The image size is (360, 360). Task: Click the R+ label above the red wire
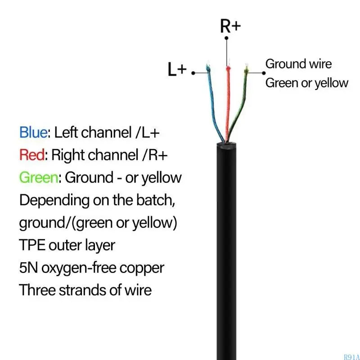(x=230, y=26)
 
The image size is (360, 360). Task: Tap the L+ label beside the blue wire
(x=177, y=69)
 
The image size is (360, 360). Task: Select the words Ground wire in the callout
(x=298, y=63)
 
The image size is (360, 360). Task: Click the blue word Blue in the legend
(x=33, y=132)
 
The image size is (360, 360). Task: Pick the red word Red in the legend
(x=32, y=155)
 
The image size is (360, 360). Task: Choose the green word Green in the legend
(x=39, y=177)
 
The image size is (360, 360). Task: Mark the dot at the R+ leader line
(x=226, y=38)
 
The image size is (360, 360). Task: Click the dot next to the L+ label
(x=193, y=73)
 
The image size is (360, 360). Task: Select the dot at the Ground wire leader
(x=264, y=73)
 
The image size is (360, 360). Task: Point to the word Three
(x=38, y=290)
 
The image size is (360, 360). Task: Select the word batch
(x=156, y=200)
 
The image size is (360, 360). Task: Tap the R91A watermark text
(x=352, y=357)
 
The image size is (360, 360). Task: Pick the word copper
(x=142, y=269)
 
